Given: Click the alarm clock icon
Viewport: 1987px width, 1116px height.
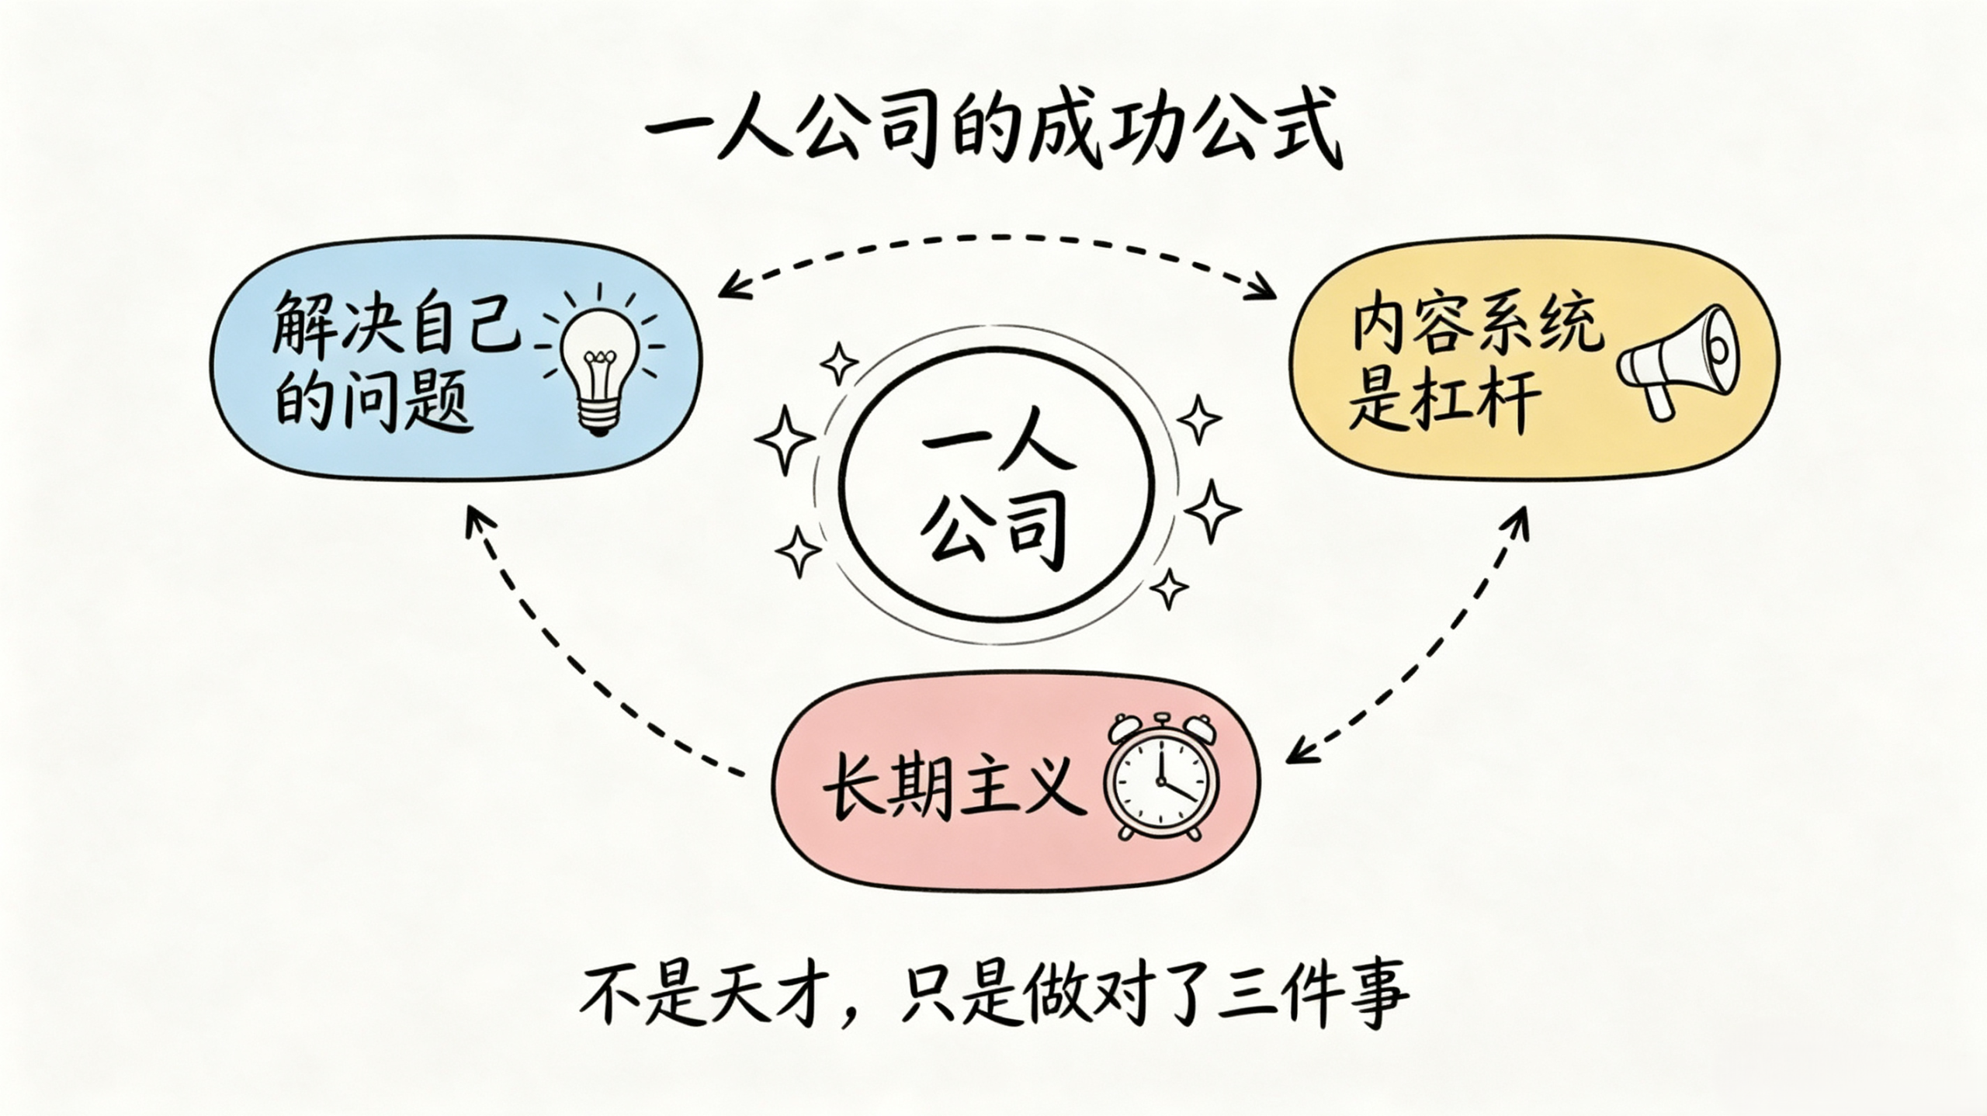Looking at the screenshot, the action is (x=1161, y=777).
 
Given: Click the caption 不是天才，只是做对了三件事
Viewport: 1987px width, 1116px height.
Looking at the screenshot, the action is (x=993, y=996).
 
